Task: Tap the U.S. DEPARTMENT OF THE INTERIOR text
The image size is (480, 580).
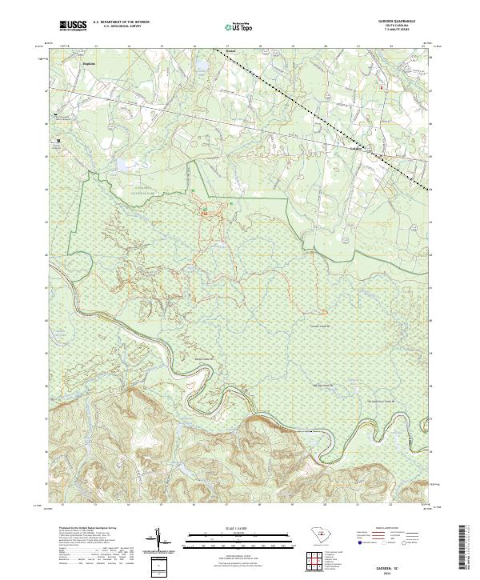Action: (x=119, y=23)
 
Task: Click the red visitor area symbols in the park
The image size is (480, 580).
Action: (x=205, y=214)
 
